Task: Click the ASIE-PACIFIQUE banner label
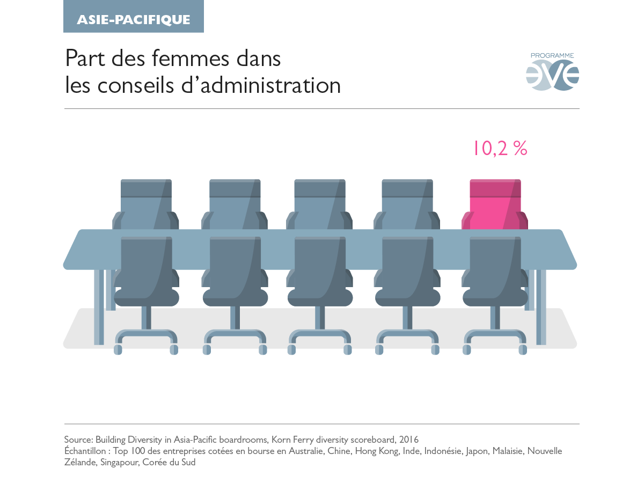[x=133, y=20]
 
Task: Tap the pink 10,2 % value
[x=500, y=149]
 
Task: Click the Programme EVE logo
[x=552, y=72]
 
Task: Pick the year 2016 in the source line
[x=409, y=440]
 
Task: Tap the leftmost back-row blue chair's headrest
[x=146, y=188]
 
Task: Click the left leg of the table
[x=99, y=306]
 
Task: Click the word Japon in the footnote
[x=477, y=451]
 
